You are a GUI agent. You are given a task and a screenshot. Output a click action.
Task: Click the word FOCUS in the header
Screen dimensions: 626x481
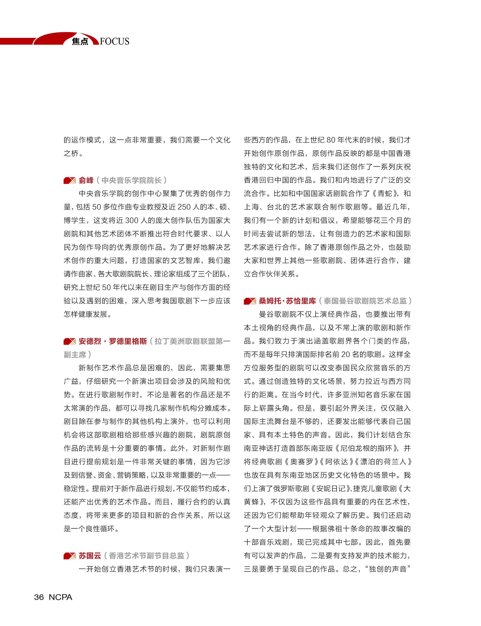tap(115, 41)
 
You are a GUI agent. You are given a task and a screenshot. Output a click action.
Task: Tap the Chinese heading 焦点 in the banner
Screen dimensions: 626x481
tap(80, 41)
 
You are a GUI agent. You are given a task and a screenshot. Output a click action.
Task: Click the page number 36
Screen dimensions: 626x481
tap(39, 597)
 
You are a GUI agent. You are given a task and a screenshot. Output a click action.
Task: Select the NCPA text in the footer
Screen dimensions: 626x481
tap(60, 597)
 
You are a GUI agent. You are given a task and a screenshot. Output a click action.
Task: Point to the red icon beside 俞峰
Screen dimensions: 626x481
tap(70, 181)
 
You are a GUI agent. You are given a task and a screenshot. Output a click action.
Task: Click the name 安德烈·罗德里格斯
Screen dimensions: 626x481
tap(113, 341)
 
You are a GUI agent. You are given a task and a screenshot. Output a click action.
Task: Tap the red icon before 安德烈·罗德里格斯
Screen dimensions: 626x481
tap(70, 341)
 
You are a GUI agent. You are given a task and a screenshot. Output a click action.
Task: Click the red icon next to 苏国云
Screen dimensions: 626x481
tap(70, 556)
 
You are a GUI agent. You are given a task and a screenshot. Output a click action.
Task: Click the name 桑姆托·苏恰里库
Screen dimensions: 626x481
tap(287, 301)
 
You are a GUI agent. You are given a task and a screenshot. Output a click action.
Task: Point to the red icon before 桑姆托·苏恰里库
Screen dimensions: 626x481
tap(250, 301)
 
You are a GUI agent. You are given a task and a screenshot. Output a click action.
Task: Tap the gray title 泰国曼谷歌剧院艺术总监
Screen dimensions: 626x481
tap(365, 301)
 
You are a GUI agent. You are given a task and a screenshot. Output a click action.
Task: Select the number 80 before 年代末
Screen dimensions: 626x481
tap(331, 140)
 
